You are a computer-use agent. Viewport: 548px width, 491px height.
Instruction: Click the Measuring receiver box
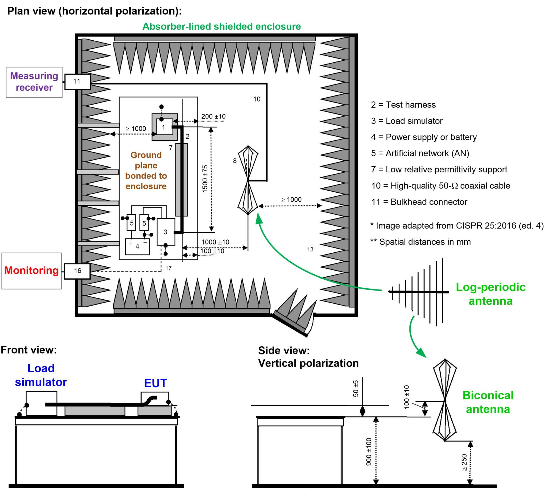coord(34,82)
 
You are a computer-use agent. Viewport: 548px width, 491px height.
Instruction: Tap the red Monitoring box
coord(32,270)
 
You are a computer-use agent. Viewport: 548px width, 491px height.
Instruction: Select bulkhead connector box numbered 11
coord(77,81)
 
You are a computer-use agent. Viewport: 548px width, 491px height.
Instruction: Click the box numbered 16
coord(77,271)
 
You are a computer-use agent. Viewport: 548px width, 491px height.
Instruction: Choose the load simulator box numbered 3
coord(166,232)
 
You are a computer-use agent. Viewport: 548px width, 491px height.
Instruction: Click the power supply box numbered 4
coord(137,246)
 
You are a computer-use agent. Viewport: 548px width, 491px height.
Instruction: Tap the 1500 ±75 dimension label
coord(205,179)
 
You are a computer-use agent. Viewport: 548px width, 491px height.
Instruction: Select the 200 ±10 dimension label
coord(213,116)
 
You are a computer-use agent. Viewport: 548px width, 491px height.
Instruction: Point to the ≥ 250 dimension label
coord(464,462)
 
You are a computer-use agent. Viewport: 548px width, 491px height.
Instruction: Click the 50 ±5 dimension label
coord(356,389)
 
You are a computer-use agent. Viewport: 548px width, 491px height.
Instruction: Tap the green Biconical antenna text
coord(488,402)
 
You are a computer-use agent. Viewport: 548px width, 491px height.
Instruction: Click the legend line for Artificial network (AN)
coord(420,153)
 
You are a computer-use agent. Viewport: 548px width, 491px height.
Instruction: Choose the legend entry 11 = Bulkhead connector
coord(419,202)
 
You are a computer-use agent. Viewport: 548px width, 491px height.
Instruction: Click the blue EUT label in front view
coord(155,383)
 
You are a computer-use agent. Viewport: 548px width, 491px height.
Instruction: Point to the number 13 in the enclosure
coord(310,249)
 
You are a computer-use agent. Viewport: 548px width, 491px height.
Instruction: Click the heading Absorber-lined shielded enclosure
coord(222,26)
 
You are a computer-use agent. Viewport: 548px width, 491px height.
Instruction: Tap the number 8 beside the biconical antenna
coord(235,161)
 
